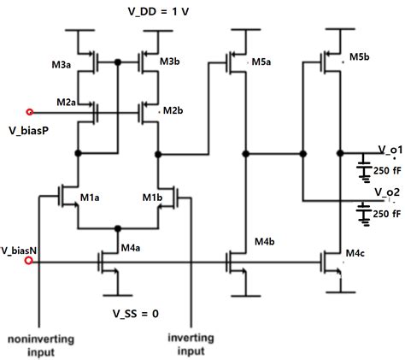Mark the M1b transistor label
point(152,198)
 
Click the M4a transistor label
point(130,248)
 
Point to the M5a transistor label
point(261,62)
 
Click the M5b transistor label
point(359,57)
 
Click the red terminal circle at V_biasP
point(31,111)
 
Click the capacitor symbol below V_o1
point(365,168)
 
